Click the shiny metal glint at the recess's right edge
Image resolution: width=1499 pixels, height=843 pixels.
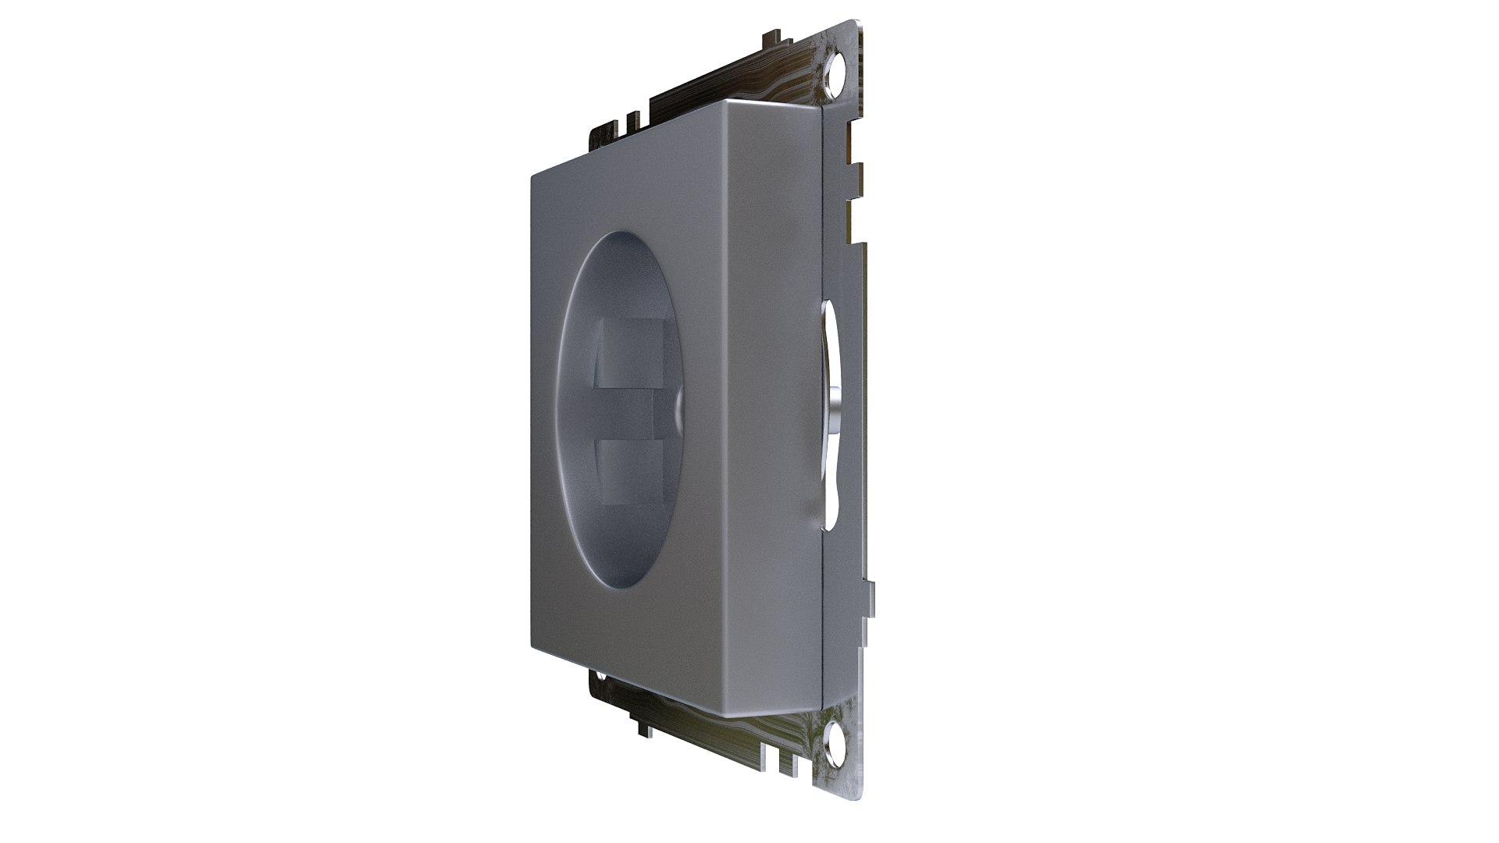pos(678,407)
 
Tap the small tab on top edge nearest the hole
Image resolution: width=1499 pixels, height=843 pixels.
pos(770,36)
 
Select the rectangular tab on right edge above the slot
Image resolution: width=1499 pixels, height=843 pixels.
pos(858,171)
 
